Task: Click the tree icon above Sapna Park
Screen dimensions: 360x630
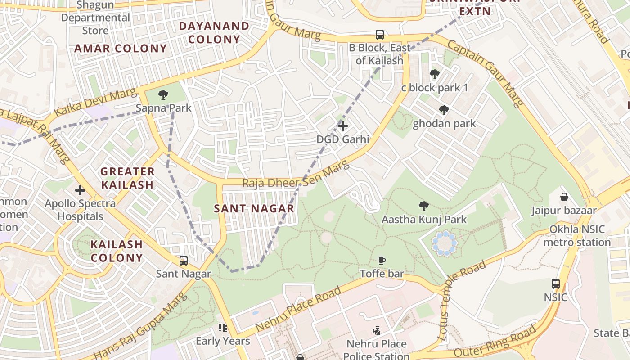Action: [x=163, y=94]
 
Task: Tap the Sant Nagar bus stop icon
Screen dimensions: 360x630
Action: [x=183, y=260]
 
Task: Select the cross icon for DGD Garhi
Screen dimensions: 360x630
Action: [x=342, y=126]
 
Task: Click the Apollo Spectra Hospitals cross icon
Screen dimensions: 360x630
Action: [x=80, y=190]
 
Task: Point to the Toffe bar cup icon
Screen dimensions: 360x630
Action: [x=382, y=260]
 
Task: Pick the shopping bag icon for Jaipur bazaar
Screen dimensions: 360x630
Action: [x=564, y=197]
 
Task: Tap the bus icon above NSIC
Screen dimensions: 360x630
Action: [x=556, y=284]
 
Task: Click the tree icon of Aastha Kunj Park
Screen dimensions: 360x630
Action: [x=423, y=206]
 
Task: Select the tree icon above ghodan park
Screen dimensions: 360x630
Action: [x=444, y=110]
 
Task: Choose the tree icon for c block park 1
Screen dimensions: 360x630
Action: [x=434, y=74]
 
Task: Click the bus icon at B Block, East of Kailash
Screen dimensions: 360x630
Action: [x=380, y=35]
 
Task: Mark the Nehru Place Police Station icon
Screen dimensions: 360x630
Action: [x=376, y=331]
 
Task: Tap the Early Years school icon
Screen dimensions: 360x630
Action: [x=222, y=328]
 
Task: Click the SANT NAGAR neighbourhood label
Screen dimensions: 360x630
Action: [x=254, y=209]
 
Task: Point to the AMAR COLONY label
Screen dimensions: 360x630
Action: [x=121, y=49]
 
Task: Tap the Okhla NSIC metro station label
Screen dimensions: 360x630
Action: [x=576, y=236]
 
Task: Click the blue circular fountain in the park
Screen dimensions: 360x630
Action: [x=445, y=243]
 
